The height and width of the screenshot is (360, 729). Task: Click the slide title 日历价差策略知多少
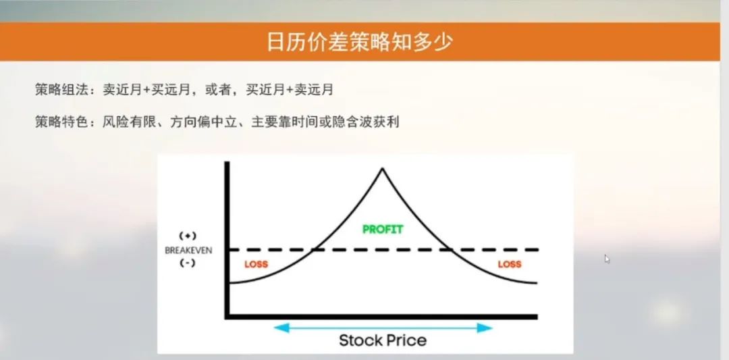[x=358, y=41]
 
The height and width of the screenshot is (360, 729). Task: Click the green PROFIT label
[x=382, y=230]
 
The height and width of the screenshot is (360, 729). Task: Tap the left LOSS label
[x=256, y=264]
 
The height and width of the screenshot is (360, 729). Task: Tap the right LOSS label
[x=510, y=264]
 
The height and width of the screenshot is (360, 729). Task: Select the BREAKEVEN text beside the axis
[x=188, y=250]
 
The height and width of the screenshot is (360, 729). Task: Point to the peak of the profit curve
[x=382, y=168]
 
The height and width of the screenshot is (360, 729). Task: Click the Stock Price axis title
[x=382, y=340]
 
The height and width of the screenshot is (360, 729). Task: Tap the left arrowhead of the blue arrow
[x=277, y=328]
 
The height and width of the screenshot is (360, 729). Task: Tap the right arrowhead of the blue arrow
[x=489, y=328]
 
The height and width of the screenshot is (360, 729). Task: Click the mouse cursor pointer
[x=607, y=258]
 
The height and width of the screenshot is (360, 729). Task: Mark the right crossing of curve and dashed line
[x=450, y=250]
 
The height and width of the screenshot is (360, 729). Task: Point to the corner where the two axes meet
[x=227, y=316]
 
